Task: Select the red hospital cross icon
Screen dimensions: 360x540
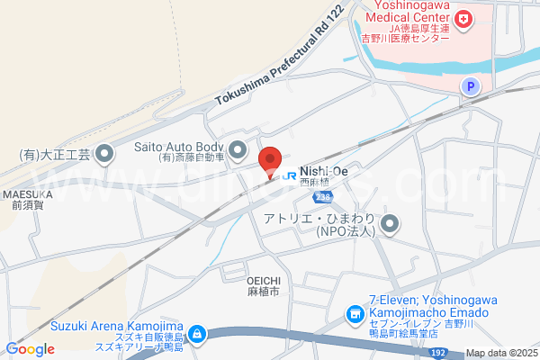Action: click(x=464, y=19)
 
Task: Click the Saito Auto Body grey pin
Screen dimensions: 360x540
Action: click(x=238, y=148)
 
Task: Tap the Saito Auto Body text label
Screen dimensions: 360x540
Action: click(x=178, y=147)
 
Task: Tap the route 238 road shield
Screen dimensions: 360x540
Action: click(x=324, y=195)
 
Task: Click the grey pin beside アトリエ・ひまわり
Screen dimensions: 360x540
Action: click(x=390, y=223)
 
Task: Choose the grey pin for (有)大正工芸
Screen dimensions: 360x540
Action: click(x=105, y=154)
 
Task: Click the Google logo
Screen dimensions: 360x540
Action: click(x=30, y=349)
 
